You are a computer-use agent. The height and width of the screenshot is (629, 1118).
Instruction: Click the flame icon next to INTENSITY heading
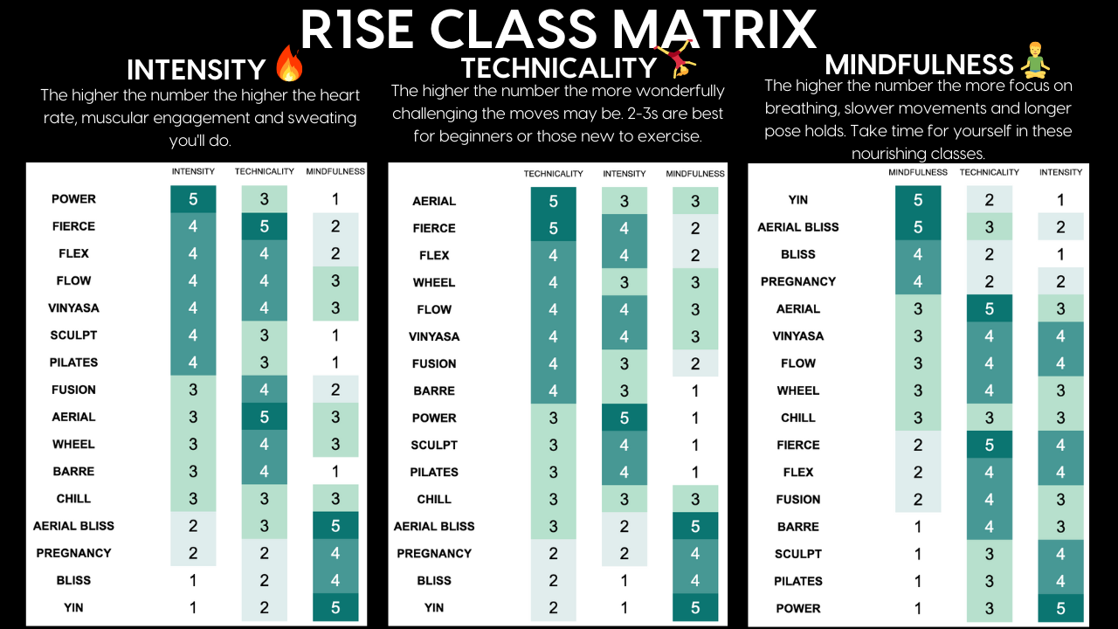[x=287, y=65]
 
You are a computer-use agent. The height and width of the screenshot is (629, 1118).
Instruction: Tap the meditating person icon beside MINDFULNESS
[x=1035, y=62]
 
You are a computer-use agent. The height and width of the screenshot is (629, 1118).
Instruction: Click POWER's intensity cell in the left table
[x=193, y=199]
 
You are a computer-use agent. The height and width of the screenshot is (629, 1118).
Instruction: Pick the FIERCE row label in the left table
[x=73, y=226]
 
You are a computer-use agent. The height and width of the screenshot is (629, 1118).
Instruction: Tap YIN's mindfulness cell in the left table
[x=335, y=607]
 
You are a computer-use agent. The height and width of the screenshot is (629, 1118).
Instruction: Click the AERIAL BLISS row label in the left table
[x=73, y=526]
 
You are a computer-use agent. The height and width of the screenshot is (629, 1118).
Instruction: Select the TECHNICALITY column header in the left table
[x=265, y=171]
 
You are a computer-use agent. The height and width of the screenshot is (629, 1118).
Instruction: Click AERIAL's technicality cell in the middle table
[x=553, y=201]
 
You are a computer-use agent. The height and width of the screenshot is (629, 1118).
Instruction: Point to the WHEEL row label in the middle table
[x=434, y=282]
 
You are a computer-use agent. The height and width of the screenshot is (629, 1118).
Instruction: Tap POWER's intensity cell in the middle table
[x=625, y=418]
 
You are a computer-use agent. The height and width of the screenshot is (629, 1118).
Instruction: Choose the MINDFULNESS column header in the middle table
[x=695, y=174]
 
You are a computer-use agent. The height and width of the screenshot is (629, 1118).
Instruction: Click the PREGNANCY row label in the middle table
[x=434, y=553]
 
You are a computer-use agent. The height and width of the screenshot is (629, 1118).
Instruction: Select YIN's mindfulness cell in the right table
[x=918, y=200]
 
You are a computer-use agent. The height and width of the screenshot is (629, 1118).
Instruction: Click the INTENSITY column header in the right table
[x=1060, y=172]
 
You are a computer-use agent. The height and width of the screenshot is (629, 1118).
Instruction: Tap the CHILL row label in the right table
[x=797, y=418]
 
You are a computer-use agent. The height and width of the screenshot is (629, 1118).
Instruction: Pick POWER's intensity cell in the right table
[x=1060, y=608]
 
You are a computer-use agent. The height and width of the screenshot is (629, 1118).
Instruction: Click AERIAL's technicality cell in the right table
[x=990, y=308]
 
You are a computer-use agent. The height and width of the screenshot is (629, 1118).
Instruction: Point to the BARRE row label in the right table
[x=797, y=527]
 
